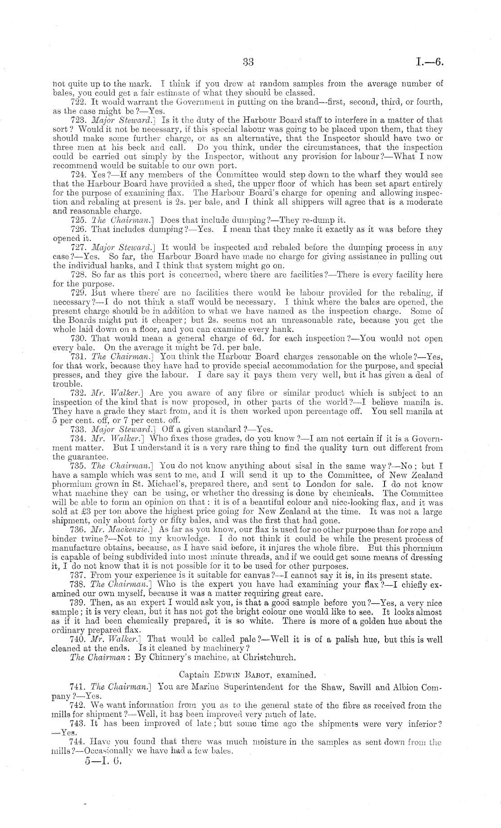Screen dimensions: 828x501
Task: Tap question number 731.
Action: pos(79,356)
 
